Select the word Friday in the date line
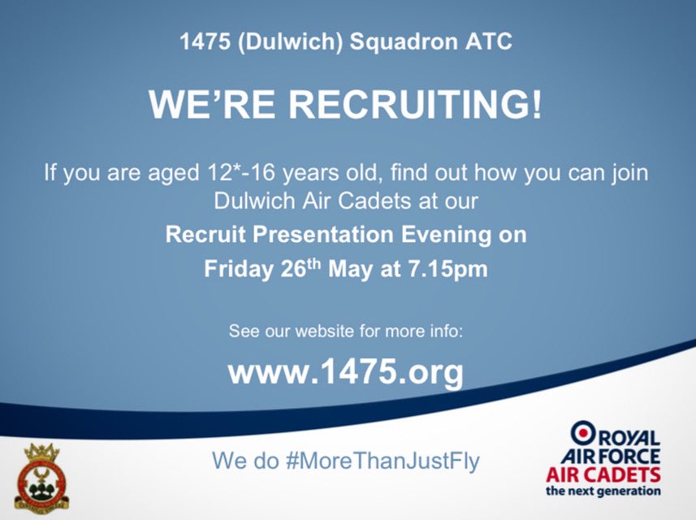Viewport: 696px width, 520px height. click(237, 270)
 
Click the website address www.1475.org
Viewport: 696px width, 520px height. click(346, 372)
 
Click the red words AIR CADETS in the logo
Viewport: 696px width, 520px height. click(602, 474)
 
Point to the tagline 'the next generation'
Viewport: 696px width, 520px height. click(602, 491)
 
